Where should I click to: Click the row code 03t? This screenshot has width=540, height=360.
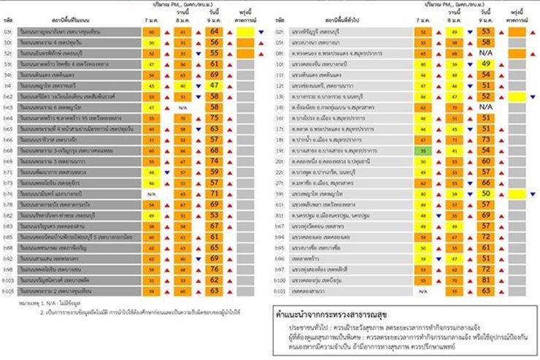[9, 32]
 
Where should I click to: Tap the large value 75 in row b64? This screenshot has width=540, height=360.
[215, 117]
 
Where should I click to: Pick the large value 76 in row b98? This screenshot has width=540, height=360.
[215, 269]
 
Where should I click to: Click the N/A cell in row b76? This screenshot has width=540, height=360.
[152, 194]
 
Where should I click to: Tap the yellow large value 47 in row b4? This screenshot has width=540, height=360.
[215, 85]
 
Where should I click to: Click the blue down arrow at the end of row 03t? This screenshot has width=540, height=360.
[261, 33]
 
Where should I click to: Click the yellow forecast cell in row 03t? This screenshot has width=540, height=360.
[245, 33]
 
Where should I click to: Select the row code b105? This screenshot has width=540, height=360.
[9, 291]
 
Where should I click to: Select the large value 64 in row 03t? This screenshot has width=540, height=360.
[215, 32]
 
